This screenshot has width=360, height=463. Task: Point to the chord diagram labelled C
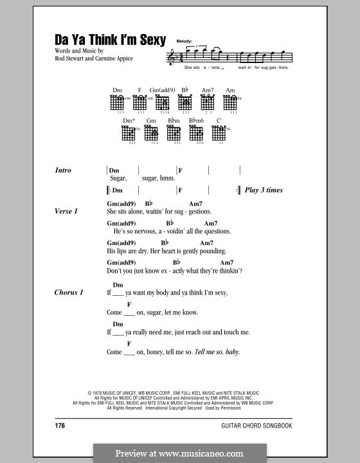pyautogui.click(x=219, y=133)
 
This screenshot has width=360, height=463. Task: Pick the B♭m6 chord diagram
pyautogui.click(x=197, y=133)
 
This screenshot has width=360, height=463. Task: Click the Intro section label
pyautogui.click(x=64, y=170)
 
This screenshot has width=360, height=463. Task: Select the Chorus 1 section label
pyautogui.click(x=69, y=293)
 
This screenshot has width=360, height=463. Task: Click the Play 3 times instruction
pyautogui.click(x=264, y=190)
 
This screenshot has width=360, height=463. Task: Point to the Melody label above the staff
pyautogui.click(x=176, y=41)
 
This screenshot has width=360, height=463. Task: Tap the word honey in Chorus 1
pyautogui.click(x=149, y=352)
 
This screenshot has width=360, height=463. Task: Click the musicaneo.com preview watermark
pyautogui.click(x=179, y=452)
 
